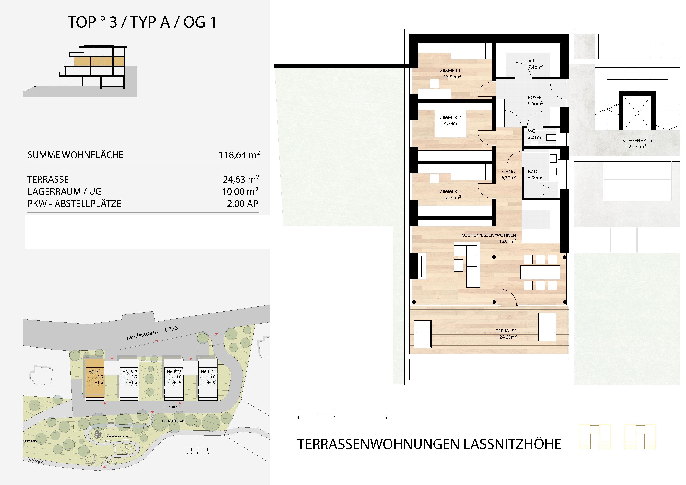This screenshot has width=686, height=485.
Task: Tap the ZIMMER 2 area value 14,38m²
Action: click(450, 123)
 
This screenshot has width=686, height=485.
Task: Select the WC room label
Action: click(531, 131)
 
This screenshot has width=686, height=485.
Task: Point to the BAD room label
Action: click(532, 172)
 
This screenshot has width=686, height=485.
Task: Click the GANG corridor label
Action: click(508, 172)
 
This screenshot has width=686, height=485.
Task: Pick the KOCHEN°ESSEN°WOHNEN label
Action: click(488, 235)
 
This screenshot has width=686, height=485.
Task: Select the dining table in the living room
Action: click(540, 272)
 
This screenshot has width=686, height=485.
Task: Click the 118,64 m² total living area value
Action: click(239, 155)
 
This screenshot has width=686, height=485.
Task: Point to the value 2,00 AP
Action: click(243, 204)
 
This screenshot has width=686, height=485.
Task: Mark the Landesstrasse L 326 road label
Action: click(152, 333)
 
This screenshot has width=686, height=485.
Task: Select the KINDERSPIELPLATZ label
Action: click(118, 436)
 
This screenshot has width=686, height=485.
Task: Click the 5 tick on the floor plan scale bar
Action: click(385, 417)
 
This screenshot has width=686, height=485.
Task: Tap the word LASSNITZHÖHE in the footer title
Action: click(512, 444)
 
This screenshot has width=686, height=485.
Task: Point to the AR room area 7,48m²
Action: click(535, 67)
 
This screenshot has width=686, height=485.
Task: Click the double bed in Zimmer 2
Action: click(451, 120)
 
